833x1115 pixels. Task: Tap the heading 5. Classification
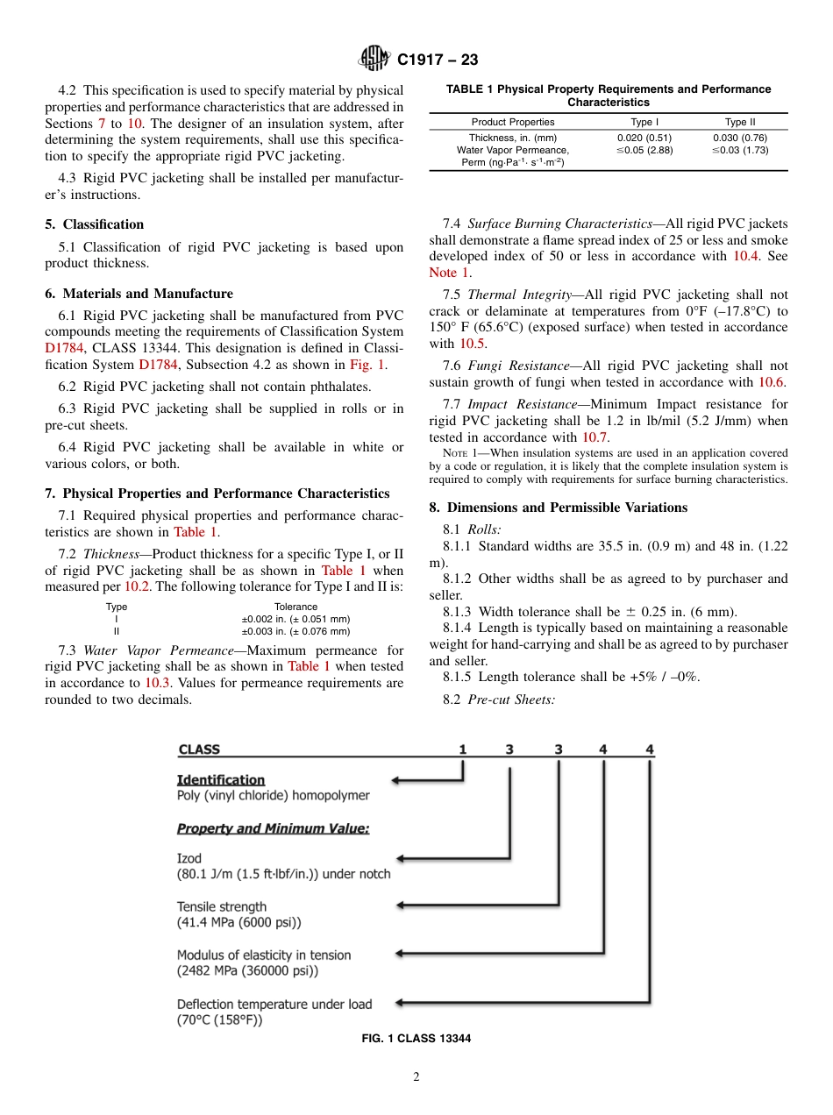[95, 224]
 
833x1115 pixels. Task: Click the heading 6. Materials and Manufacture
[139, 294]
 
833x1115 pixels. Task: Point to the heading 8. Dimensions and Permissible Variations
[559, 508]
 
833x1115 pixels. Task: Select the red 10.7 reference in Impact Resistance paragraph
[594, 437]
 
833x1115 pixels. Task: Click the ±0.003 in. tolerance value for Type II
[295, 631]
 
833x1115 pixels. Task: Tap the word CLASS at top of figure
[199, 749]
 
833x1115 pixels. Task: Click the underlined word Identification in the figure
[221, 779]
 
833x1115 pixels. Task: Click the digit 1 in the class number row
[462, 749]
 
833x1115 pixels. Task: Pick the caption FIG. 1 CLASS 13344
[416, 1039]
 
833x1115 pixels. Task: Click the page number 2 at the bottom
[416, 1077]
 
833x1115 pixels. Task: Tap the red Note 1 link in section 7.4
[444, 273]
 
